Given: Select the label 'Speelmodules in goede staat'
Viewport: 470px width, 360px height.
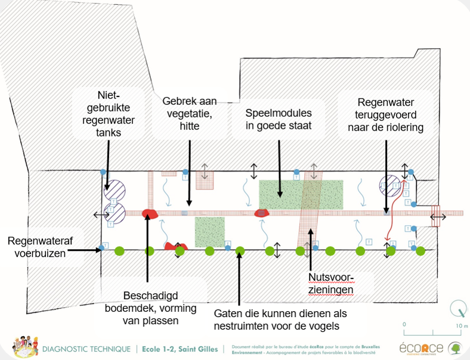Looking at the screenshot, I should (279, 119).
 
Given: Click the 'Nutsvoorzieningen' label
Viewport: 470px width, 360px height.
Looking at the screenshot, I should (331, 284).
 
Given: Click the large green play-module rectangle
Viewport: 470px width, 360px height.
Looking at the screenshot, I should (301, 194).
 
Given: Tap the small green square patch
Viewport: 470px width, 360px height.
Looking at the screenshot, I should (210, 231).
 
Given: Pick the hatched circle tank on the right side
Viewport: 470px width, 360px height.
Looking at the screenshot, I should (391, 187).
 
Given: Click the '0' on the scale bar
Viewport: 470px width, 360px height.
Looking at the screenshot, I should (404, 325).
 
